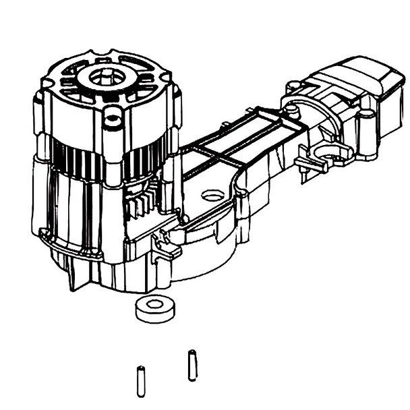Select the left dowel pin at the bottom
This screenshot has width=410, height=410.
(x=141, y=380)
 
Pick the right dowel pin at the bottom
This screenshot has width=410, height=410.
(x=192, y=365)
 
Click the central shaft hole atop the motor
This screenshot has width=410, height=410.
(x=105, y=76)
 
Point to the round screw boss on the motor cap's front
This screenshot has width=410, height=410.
(x=114, y=121)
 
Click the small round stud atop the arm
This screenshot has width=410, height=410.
(x=292, y=86)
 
